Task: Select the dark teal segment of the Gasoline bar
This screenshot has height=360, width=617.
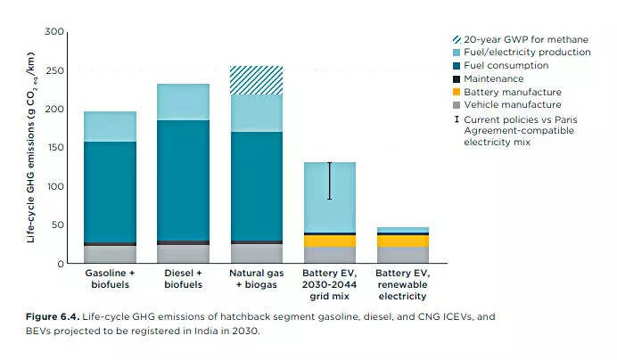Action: tap(111, 192)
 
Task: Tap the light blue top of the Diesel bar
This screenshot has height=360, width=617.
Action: tap(184, 102)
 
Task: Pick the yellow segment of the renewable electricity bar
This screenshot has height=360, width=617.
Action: tap(402, 241)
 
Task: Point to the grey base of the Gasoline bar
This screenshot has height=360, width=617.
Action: tap(111, 255)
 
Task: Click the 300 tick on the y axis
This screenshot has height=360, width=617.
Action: tap(54, 32)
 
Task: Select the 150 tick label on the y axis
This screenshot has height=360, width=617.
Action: tap(54, 148)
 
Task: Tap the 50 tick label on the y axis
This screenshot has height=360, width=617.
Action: tap(57, 225)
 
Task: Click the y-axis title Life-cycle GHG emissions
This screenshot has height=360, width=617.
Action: tap(31, 147)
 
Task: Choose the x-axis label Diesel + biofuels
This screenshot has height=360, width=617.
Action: tap(184, 278)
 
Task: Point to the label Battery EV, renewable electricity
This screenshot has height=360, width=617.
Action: tap(402, 283)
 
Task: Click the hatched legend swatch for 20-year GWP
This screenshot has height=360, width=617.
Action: tap(457, 39)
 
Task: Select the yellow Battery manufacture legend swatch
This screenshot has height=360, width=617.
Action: tap(457, 92)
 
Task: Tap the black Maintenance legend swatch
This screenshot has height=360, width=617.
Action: tap(457, 78)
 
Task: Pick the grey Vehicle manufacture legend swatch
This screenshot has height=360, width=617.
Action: tap(457, 104)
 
